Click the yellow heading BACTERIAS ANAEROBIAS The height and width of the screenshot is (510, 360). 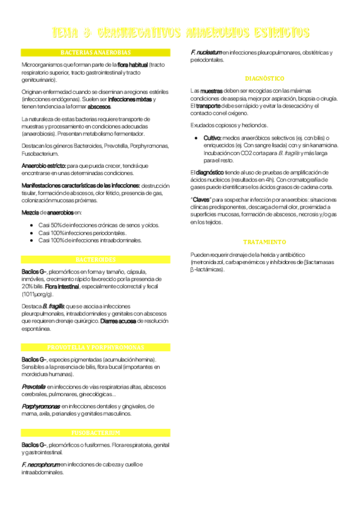click(x=96, y=52)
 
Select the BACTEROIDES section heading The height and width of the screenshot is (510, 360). click(x=96, y=259)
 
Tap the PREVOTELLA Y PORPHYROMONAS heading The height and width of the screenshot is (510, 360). click(x=96, y=348)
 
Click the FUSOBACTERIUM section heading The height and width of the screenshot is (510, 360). click(x=96, y=432)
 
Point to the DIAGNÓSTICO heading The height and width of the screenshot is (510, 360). click(x=264, y=79)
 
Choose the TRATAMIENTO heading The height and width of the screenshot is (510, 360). click(x=264, y=242)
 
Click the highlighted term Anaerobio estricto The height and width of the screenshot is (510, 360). click(x=43, y=165)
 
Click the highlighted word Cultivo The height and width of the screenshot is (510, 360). click(x=213, y=138)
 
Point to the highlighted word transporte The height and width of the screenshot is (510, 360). click(x=209, y=106)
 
